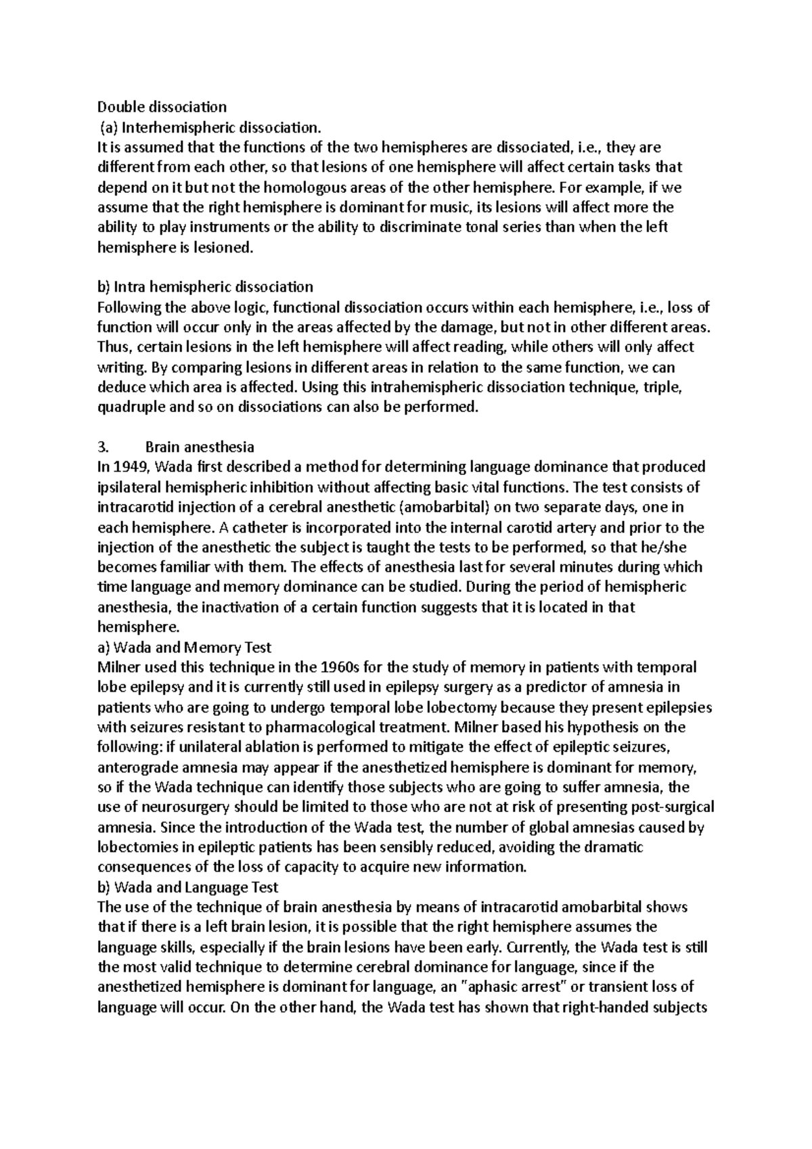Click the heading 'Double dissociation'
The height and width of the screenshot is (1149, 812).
point(162,107)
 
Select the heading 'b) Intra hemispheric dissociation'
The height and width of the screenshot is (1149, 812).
point(206,287)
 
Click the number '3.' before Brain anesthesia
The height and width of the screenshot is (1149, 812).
point(103,447)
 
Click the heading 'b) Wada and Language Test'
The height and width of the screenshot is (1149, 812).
point(188,887)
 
